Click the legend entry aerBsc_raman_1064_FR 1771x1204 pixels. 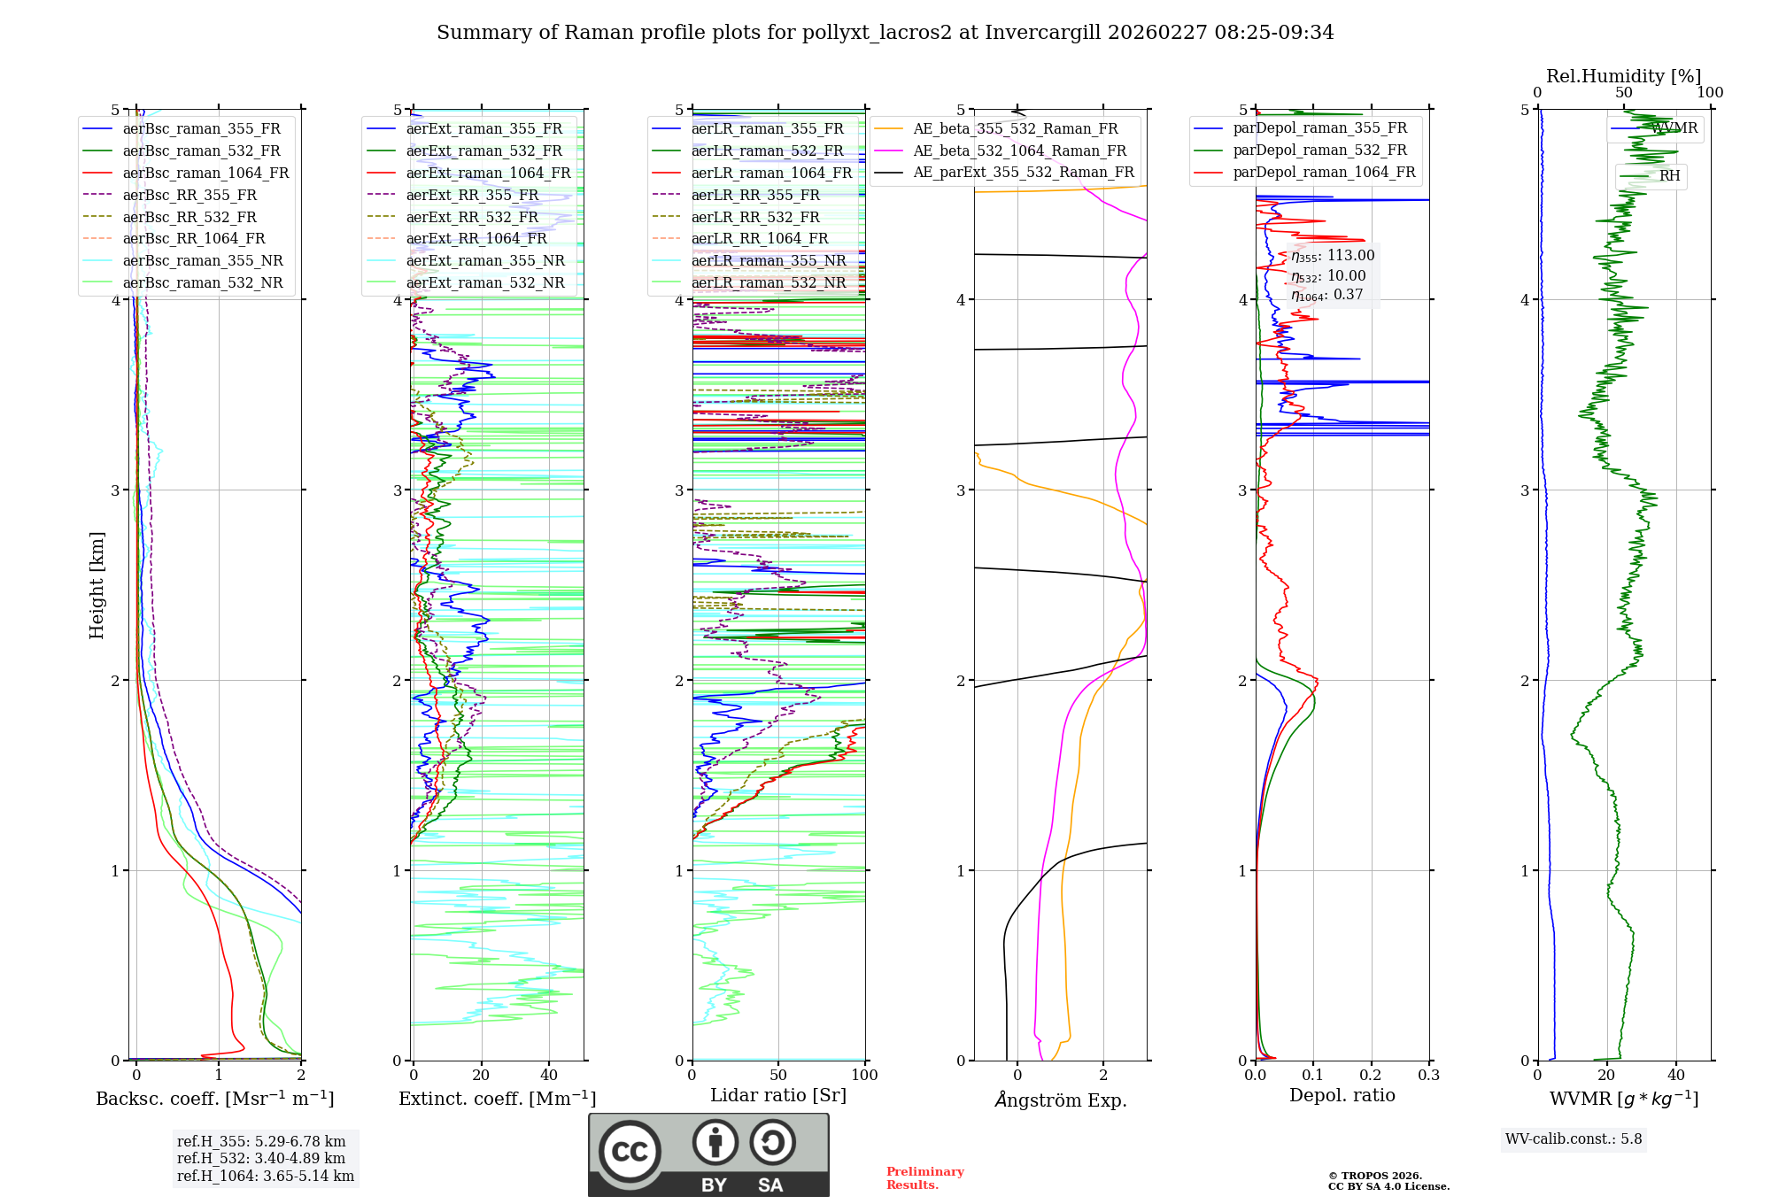pyautogui.click(x=205, y=173)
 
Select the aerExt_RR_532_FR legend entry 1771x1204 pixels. pyautogui.click(x=472, y=217)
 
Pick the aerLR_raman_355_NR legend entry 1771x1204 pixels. pyautogui.click(x=768, y=260)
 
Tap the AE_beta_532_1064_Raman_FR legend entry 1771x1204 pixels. pyautogui.click(x=1019, y=150)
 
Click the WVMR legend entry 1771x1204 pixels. pyautogui.click(x=1674, y=128)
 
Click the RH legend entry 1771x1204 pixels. pyautogui.click(x=1669, y=176)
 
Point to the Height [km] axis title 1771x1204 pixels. pyautogui.click(x=97, y=585)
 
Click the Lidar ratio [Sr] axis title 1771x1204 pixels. pyautogui.click(x=777, y=1095)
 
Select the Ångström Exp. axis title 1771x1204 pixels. pyautogui.click(x=1060, y=1100)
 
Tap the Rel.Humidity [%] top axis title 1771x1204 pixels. pyautogui.click(x=1623, y=76)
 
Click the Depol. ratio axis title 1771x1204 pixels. pyautogui.click(x=1342, y=1095)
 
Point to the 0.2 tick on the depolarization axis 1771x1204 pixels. pyautogui.click(x=1371, y=1075)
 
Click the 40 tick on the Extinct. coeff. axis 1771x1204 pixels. pyautogui.click(x=549, y=1075)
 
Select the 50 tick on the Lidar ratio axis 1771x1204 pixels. pyautogui.click(x=778, y=1075)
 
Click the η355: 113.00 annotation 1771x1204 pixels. pyautogui.click(x=1333, y=256)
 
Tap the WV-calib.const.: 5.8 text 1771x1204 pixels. pyautogui.click(x=1574, y=1138)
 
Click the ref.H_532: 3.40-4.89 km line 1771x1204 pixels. pyautogui.click(x=261, y=1158)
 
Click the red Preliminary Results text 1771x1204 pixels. pyautogui.click(x=924, y=1178)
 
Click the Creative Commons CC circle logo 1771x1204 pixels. pyautogui.click(x=630, y=1151)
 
